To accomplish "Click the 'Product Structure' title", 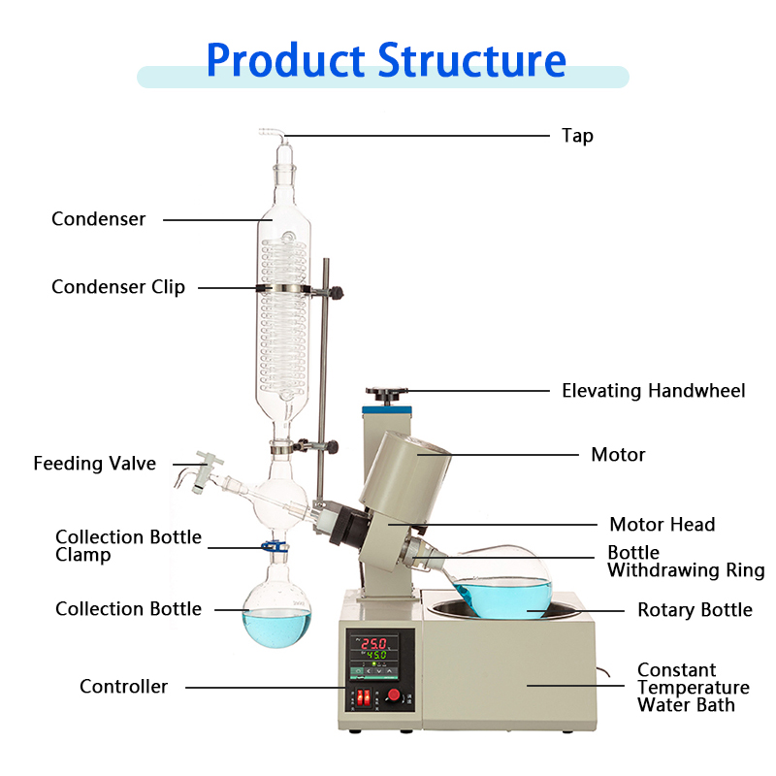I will [x=386, y=60].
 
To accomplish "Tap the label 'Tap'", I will [x=577, y=136].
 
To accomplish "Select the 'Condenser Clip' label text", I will [x=118, y=287].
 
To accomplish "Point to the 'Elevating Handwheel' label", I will [x=654, y=391].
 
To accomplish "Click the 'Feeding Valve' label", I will [x=94, y=464].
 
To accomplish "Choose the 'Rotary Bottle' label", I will [x=695, y=610].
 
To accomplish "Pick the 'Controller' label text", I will [x=123, y=687].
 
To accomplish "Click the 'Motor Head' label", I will [x=662, y=525].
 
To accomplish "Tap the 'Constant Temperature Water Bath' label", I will [x=693, y=687].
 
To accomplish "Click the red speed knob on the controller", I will [x=394, y=695].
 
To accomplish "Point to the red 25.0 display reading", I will [x=374, y=643].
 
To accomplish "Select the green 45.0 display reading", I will [x=376, y=656].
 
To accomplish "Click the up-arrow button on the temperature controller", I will [x=389, y=670].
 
